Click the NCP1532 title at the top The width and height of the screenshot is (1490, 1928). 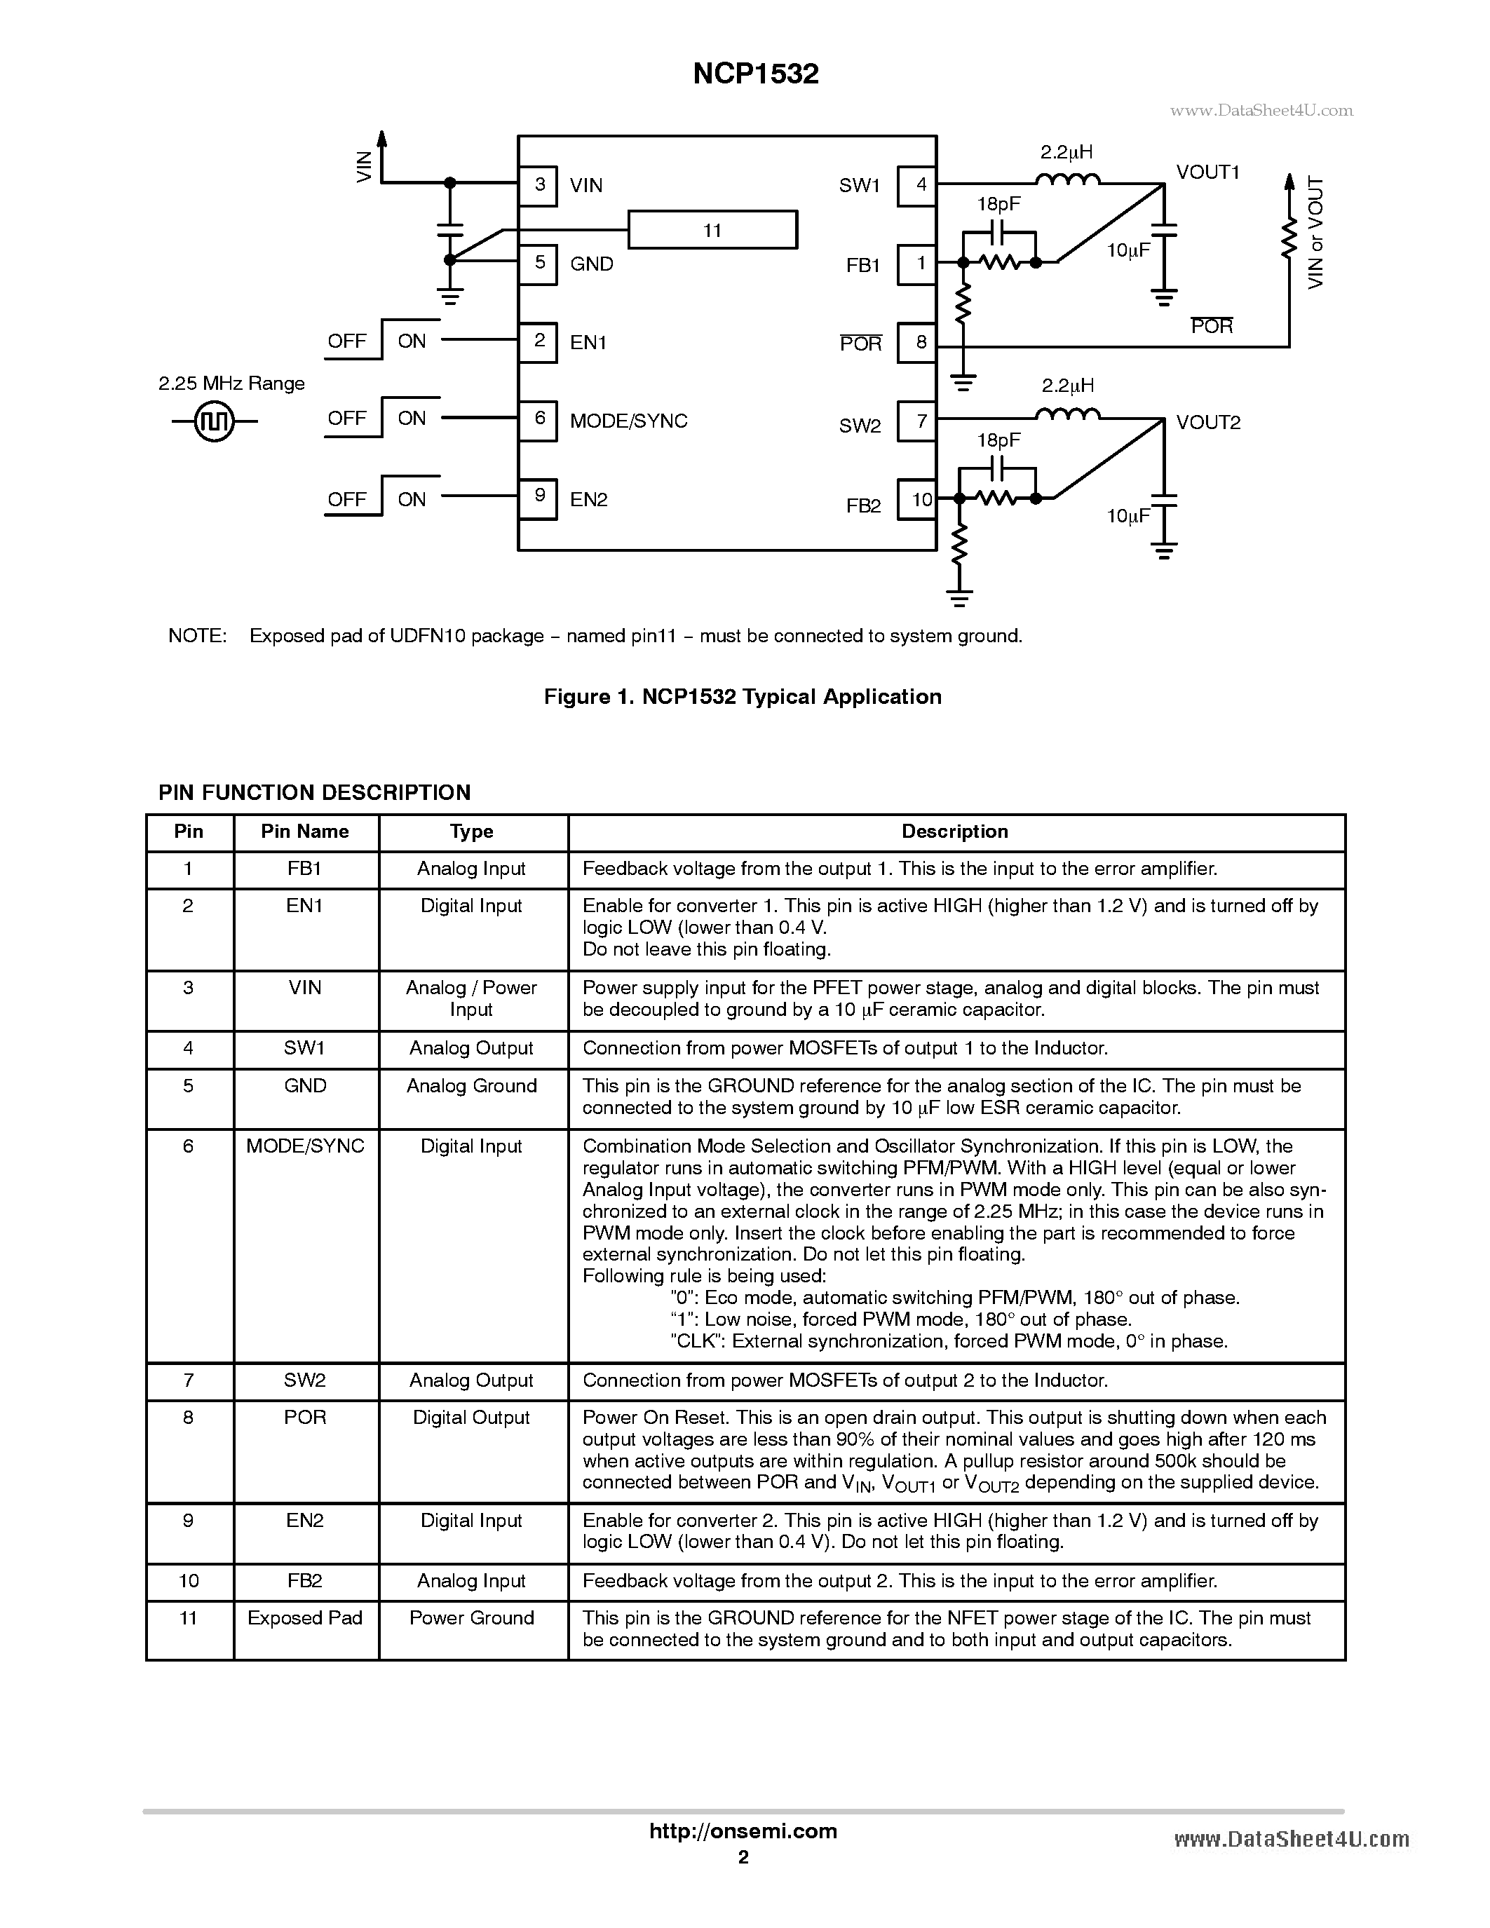tap(756, 74)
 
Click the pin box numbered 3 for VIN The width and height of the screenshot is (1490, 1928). tap(539, 185)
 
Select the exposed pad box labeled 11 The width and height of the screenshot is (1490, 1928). tap(712, 231)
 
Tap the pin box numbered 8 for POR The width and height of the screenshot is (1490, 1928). tap(918, 343)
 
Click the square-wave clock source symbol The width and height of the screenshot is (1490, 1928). tap(215, 421)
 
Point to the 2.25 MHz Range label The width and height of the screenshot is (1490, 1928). tap(231, 383)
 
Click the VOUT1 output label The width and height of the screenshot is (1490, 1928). tap(1207, 172)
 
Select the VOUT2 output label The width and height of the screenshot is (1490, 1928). tap(1207, 422)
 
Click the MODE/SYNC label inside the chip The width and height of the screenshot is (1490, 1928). tap(628, 421)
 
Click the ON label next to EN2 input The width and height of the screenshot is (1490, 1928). tap(412, 500)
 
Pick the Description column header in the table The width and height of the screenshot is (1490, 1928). tap(954, 831)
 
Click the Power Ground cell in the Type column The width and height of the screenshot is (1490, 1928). tap(471, 1617)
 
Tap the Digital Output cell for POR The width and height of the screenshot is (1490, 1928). tap(471, 1417)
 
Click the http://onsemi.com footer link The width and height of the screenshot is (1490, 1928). tap(743, 1831)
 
